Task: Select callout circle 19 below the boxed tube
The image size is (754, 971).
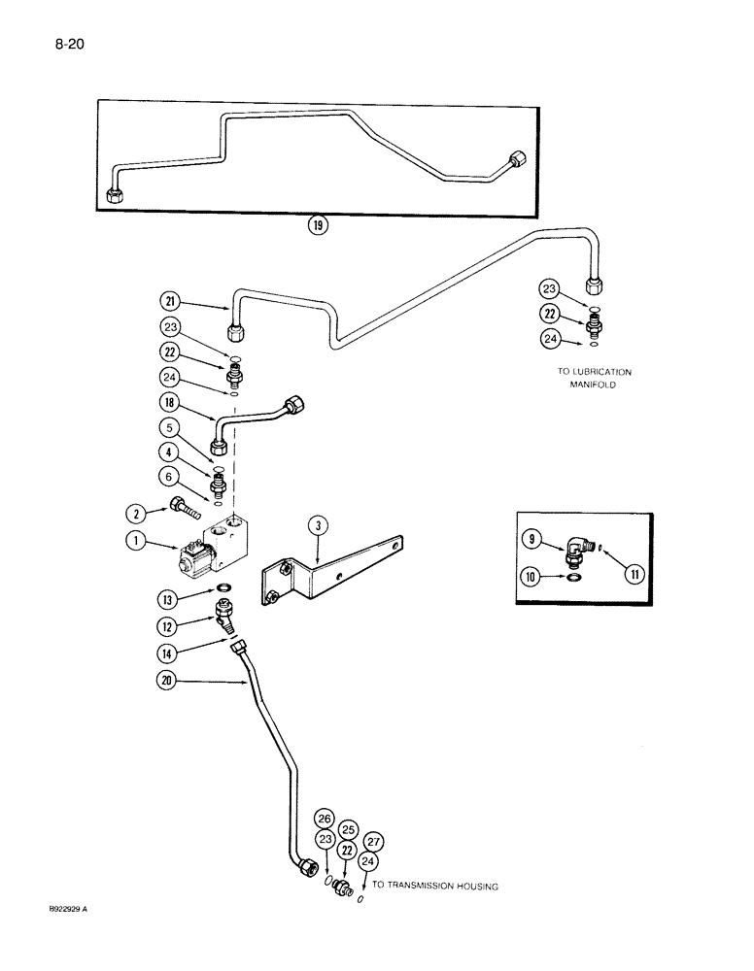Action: click(318, 226)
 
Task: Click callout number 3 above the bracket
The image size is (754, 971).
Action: click(318, 527)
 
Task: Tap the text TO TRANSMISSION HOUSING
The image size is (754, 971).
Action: click(434, 886)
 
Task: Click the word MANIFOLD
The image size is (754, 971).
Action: click(594, 385)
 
